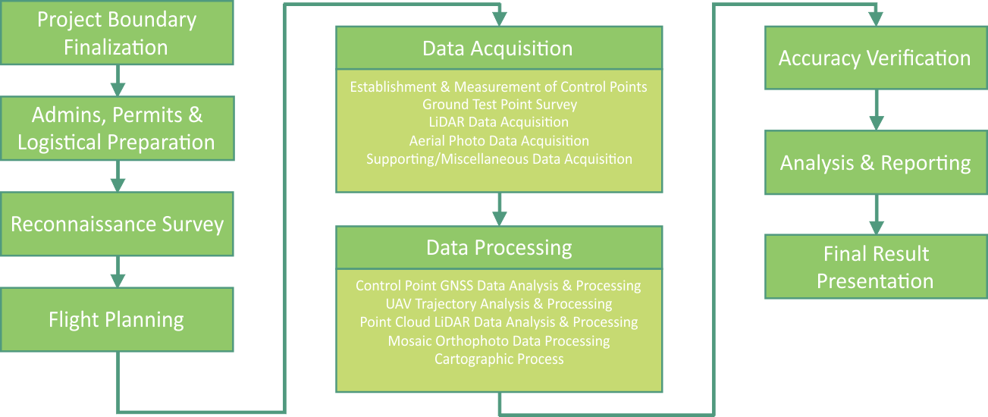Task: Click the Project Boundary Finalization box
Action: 117,33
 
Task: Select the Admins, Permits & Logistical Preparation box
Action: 117,129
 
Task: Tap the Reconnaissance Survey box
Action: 117,224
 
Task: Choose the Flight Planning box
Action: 117,319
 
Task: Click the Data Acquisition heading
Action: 498,49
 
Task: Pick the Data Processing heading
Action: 498,247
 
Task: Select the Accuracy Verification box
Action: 875,58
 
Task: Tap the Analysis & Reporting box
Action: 875,163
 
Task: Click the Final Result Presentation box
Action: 875,267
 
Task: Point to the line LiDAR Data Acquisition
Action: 498,122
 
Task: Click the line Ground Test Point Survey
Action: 498,105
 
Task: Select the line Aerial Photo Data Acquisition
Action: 498,141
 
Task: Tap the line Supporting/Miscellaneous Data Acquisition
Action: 498,159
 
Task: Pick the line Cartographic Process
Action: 498,359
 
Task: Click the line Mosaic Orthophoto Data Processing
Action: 498,340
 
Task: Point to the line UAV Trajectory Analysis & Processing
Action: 498,304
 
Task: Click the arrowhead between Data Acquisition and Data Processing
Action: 498,218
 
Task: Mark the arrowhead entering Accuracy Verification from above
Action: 876,20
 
